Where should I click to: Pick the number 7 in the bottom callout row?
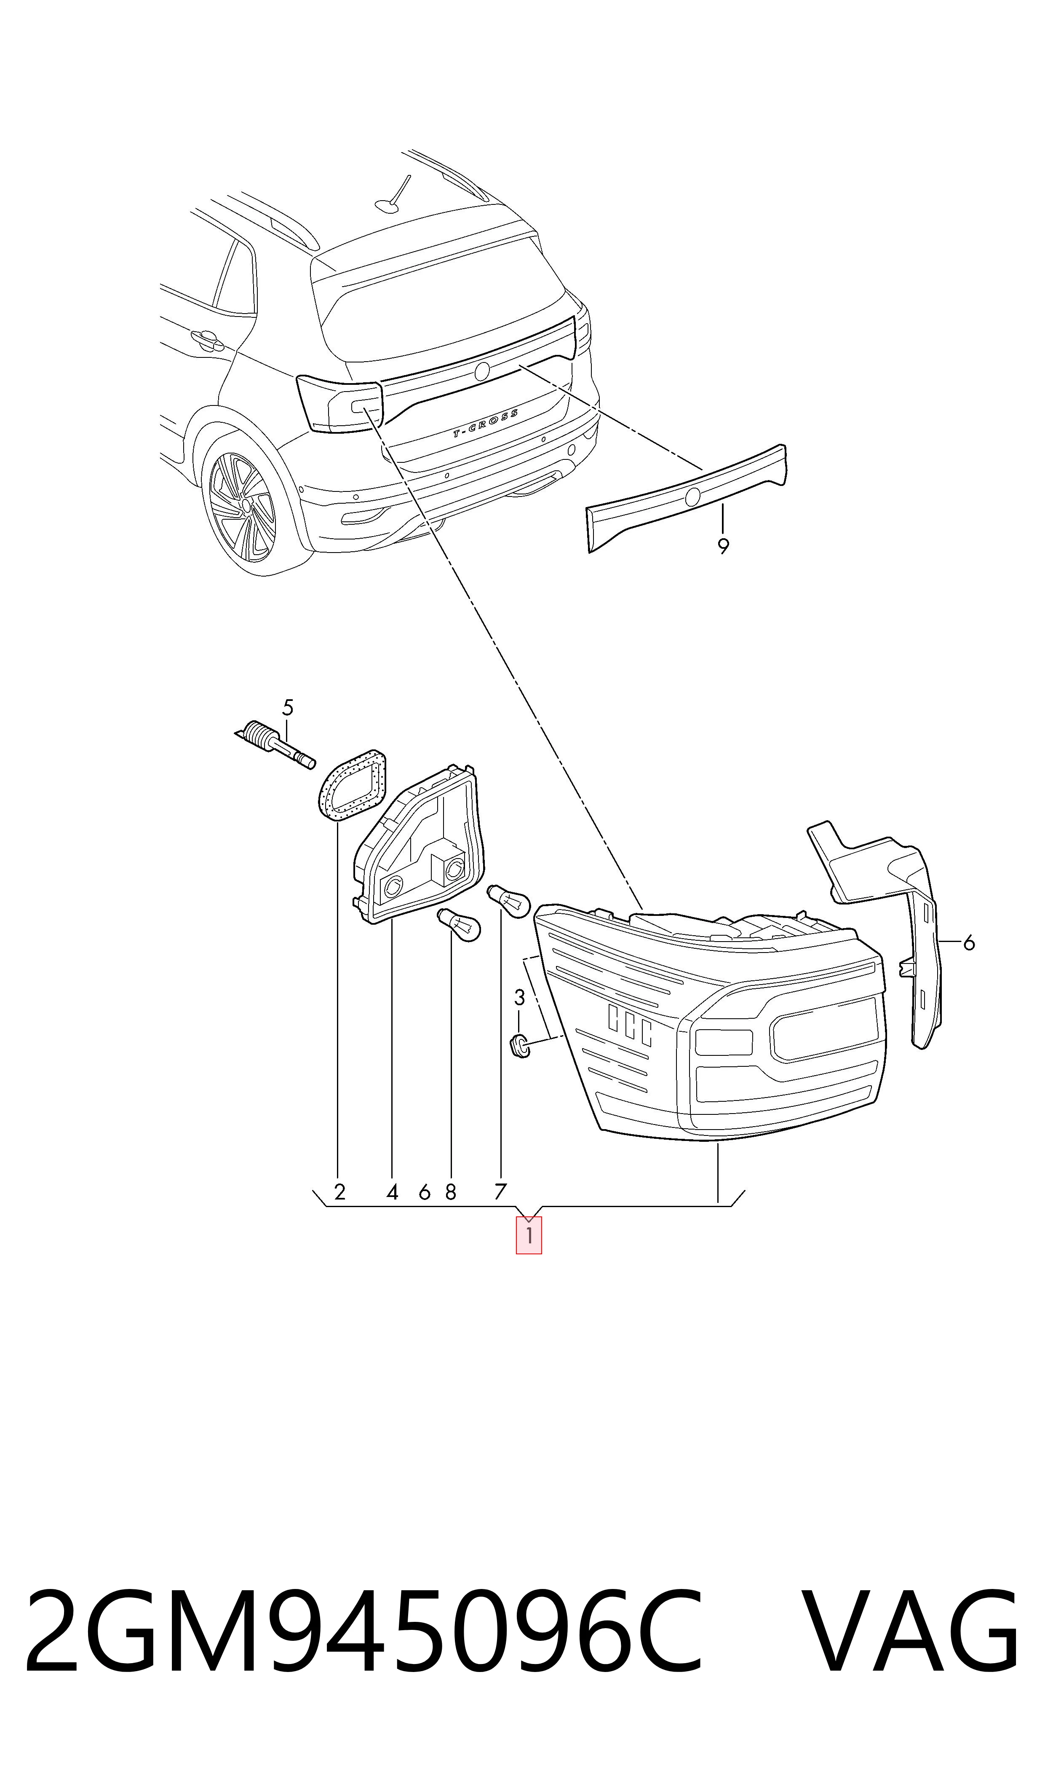[x=500, y=1192]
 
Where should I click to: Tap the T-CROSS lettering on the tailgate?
[x=485, y=424]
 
